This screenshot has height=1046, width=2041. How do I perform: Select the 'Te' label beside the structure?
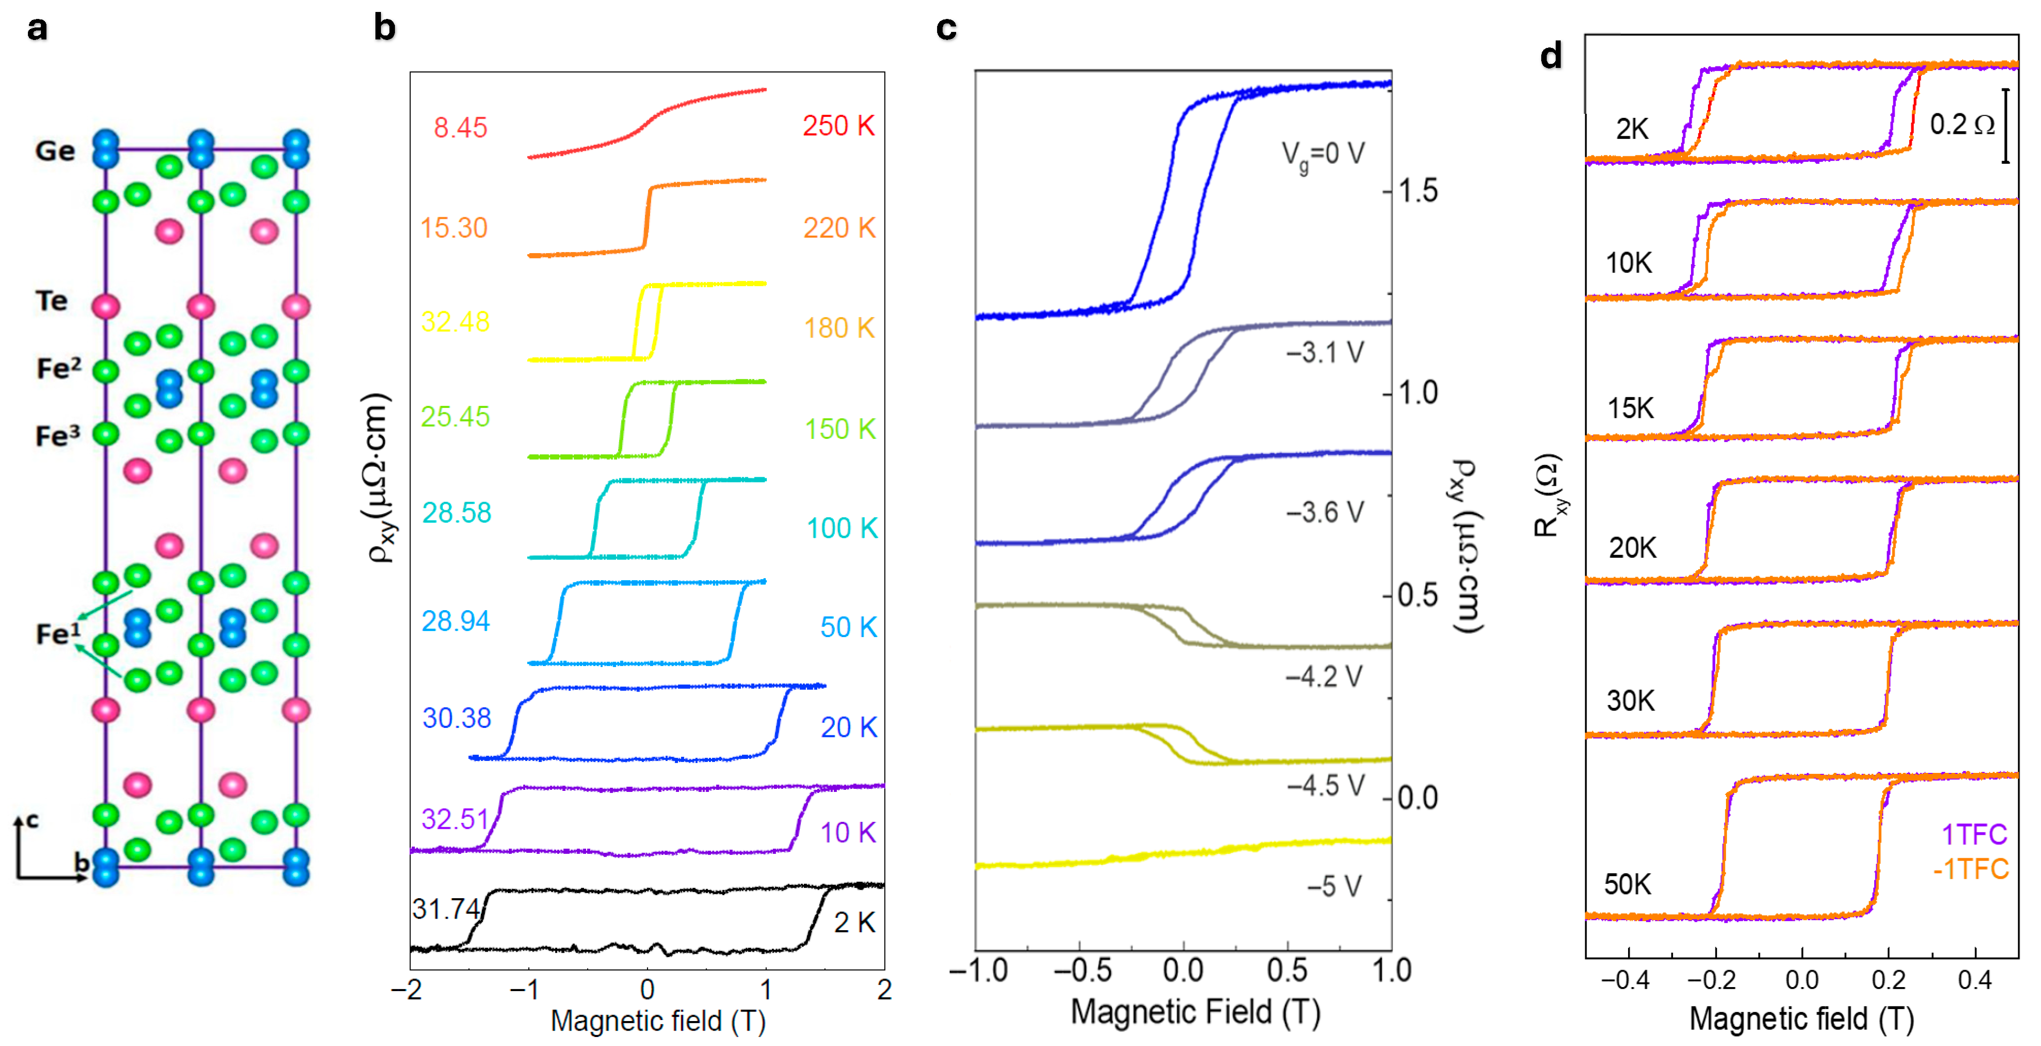click(x=51, y=301)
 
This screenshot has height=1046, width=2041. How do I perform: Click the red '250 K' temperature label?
click(x=838, y=125)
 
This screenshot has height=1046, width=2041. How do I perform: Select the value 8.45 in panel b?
click(x=460, y=128)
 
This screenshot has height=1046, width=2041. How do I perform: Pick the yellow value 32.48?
click(x=455, y=322)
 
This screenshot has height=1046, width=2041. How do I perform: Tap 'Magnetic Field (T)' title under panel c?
click(x=1195, y=1012)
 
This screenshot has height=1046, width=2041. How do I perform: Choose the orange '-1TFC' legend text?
click(x=1971, y=869)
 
